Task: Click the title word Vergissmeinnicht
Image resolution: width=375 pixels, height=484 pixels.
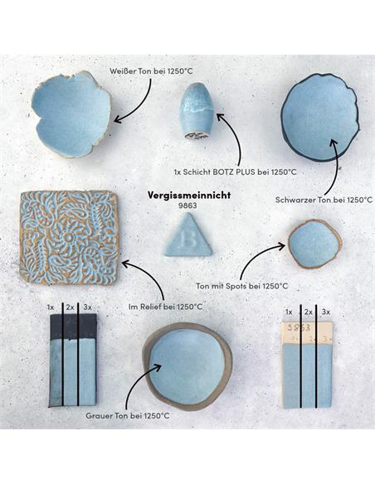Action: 188,195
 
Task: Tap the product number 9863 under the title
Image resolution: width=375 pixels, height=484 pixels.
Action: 187,206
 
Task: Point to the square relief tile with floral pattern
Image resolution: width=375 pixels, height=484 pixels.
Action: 69,238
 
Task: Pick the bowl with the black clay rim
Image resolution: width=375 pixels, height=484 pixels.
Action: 320,117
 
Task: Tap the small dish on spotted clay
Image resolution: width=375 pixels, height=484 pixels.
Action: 314,244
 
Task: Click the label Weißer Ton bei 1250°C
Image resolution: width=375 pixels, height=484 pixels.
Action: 151,71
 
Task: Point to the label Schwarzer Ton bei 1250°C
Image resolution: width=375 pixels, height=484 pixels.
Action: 324,200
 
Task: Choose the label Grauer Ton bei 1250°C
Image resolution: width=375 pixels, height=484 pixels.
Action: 128,416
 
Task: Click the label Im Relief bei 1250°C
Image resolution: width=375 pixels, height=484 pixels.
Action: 166,307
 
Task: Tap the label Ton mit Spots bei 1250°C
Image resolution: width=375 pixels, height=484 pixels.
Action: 242,286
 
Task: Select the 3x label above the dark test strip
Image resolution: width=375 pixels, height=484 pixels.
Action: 87,307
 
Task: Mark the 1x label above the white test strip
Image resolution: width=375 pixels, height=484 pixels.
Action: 289,312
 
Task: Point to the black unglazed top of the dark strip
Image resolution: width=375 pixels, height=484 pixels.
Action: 74,327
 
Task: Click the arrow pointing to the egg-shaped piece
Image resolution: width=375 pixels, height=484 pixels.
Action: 234,138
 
